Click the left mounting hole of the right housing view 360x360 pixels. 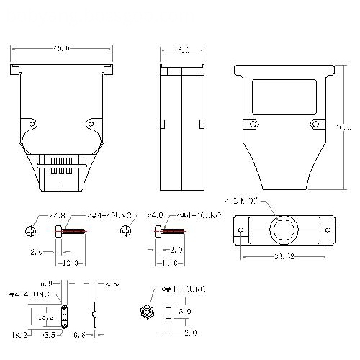(x=253, y=124)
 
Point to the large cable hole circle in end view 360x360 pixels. (x=282, y=230)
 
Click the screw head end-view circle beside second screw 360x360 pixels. (x=127, y=231)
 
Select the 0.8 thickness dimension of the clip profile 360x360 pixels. (x=81, y=334)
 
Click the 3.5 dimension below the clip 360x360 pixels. (x=49, y=334)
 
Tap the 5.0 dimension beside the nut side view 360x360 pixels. (x=184, y=312)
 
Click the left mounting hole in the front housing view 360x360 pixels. (x=30, y=122)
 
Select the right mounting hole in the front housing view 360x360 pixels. (x=91, y=122)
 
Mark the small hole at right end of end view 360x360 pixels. (x=328, y=230)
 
